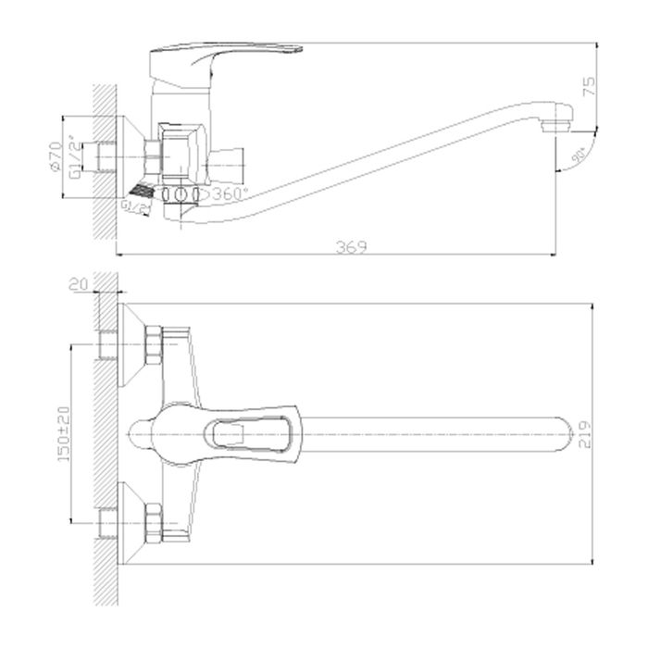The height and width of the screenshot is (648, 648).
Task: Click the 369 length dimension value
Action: [350, 246]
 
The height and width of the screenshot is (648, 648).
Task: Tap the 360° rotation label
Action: [229, 194]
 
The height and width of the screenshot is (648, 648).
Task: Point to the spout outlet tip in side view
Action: [555, 124]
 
